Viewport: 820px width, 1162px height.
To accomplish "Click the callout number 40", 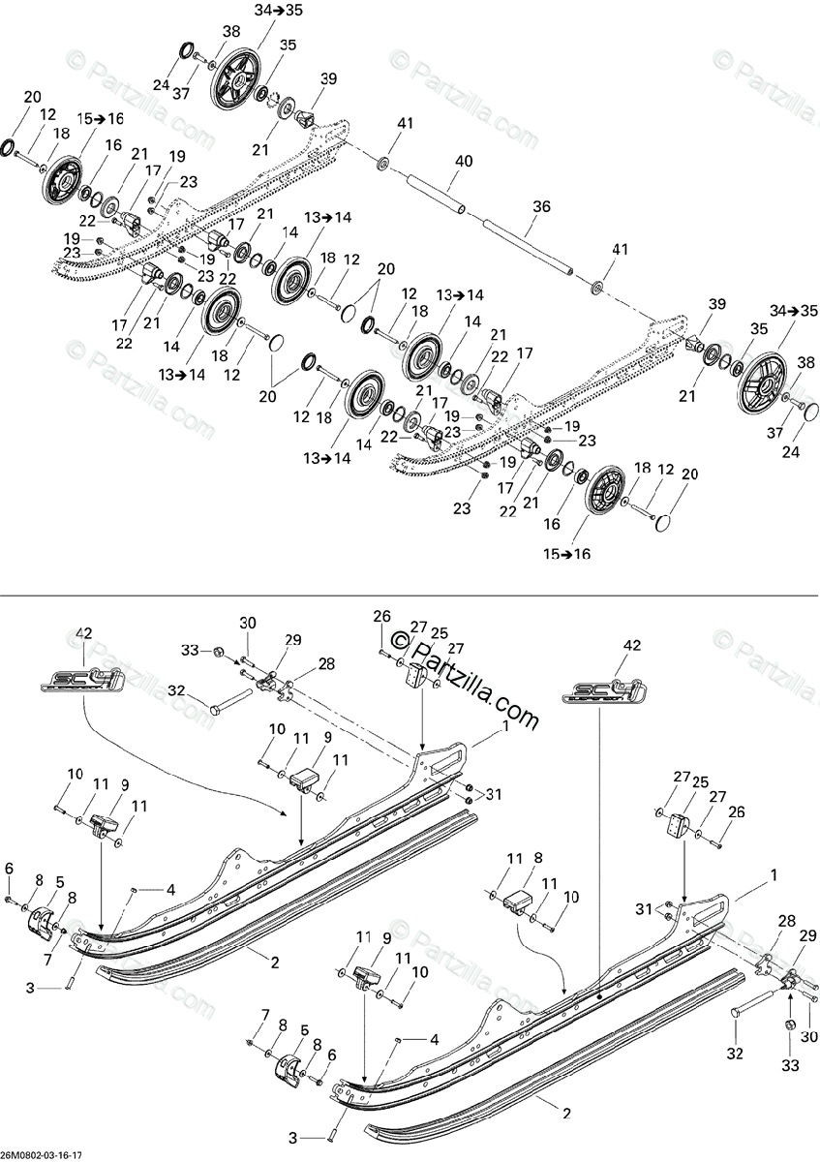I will click(463, 161).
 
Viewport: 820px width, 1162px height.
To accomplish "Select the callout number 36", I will click(541, 205).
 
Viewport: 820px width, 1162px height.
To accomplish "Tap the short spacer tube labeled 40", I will click(436, 193).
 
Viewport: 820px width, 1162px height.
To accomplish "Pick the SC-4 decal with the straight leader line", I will click(603, 691).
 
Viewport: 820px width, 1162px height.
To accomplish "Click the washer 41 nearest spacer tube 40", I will click(384, 161).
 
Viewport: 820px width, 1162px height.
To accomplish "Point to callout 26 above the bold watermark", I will click(381, 615).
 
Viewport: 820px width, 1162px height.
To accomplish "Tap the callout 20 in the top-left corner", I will click(33, 97).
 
